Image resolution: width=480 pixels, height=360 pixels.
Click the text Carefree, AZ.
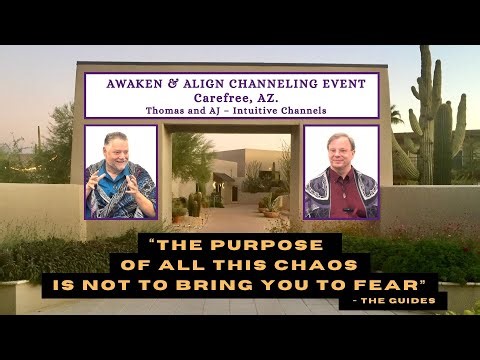pyautogui.click(x=231, y=99)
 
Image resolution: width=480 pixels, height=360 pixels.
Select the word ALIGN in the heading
pyautogui.click(x=212, y=85)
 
